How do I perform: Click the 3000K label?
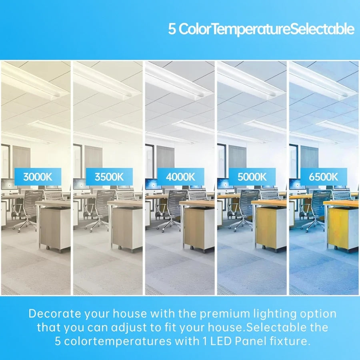pyautogui.click(x=38, y=176)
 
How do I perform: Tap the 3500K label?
pyautogui.click(x=109, y=176)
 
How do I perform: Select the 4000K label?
pyautogui.click(x=180, y=176)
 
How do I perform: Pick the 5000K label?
pyautogui.click(x=252, y=176)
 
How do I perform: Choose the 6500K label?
pyautogui.click(x=324, y=176)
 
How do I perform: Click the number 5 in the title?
pyautogui.click(x=172, y=29)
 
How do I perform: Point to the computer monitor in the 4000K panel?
pyautogui.click(x=153, y=184)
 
